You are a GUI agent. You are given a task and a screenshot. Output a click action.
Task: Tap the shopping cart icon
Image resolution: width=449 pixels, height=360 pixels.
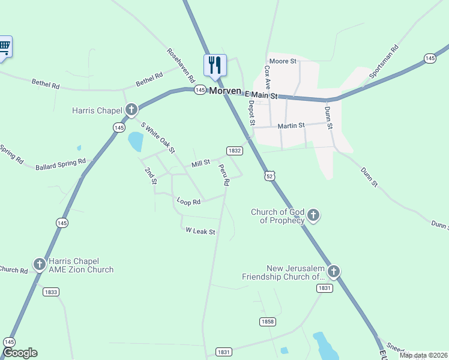[x=4, y=46]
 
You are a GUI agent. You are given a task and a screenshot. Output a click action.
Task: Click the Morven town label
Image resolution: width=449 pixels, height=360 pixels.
[x=225, y=91]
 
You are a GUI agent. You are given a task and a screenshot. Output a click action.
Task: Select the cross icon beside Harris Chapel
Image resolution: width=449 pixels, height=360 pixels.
[x=131, y=110]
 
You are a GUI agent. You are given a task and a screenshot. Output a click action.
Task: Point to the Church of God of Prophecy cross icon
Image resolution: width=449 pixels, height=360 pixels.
[x=313, y=215]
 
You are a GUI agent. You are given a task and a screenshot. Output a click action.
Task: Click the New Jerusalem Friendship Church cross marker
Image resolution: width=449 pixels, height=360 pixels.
[x=334, y=272]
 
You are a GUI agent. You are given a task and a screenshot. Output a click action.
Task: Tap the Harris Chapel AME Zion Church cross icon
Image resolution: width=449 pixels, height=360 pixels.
[x=39, y=264]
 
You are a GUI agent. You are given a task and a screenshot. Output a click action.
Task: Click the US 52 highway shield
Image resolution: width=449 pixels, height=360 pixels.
[x=270, y=175]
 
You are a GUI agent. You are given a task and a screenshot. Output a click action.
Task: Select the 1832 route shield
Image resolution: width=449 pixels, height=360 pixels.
[x=234, y=151]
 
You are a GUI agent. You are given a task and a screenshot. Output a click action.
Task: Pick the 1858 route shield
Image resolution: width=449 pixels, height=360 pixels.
[x=268, y=322]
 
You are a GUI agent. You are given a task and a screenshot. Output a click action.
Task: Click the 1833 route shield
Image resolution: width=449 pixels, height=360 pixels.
[x=51, y=292]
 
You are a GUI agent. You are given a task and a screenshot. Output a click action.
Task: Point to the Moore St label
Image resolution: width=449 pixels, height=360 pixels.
[x=283, y=61]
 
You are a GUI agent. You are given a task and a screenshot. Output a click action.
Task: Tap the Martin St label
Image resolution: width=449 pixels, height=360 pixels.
[x=291, y=126]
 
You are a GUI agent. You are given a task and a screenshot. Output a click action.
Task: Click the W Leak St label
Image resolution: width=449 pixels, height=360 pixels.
[x=200, y=230]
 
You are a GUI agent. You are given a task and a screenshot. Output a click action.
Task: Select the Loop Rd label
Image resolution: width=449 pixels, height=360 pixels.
[x=188, y=202]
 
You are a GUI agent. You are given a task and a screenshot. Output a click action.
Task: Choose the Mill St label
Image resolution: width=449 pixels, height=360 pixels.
[x=200, y=163]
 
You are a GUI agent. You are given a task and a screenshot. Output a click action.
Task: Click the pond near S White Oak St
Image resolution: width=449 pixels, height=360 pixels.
[x=136, y=142]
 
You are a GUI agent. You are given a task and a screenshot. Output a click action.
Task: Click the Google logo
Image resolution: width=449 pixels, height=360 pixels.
[x=20, y=353]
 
